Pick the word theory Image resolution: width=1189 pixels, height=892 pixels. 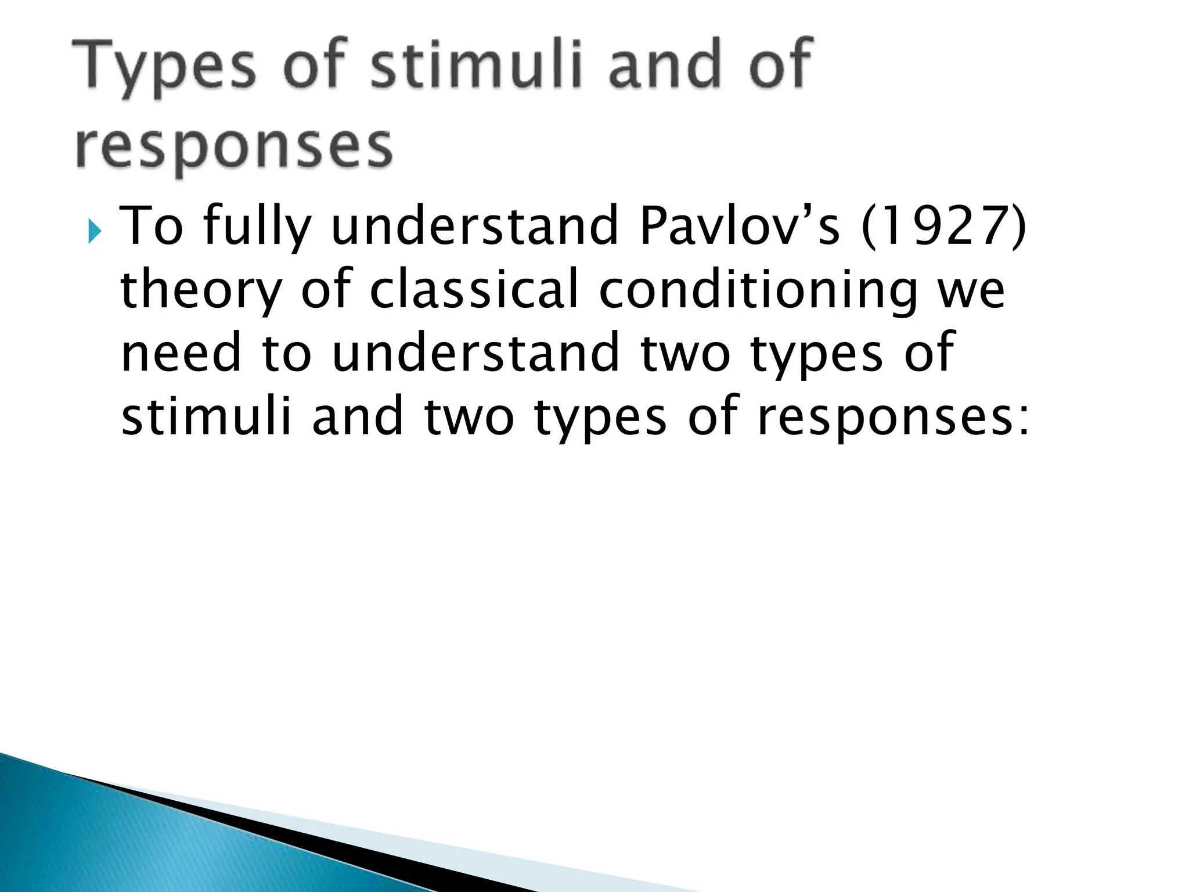201,290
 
